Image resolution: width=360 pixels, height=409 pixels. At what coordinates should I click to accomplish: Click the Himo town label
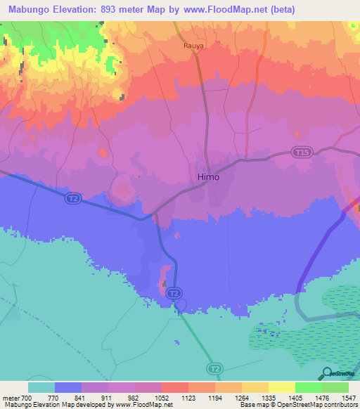click(207, 177)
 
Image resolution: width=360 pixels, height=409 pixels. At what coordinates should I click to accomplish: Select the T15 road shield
click(302, 152)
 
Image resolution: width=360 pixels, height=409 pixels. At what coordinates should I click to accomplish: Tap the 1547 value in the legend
click(347, 397)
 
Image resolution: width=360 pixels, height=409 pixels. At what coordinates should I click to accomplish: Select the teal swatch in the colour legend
click(41, 387)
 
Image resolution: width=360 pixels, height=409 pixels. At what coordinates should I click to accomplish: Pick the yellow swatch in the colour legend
click(281, 387)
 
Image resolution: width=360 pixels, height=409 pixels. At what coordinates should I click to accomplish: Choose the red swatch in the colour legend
click(174, 387)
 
